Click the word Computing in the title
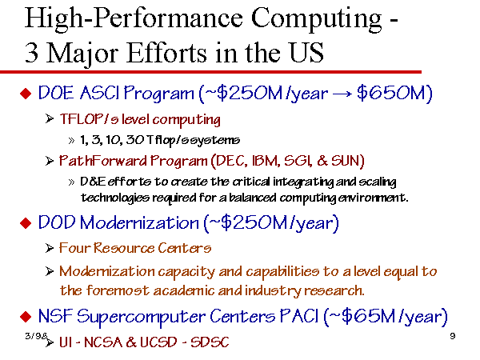tap(317, 19)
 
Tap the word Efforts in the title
tap(166, 53)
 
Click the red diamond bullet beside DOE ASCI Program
tap(26, 93)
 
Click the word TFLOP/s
tap(89, 119)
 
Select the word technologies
tap(114, 198)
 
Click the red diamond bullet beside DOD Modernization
tap(26, 223)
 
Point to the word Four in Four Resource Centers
tap(74, 248)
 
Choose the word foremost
tap(118, 290)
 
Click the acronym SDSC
tap(210, 342)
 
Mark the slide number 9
tap(453, 336)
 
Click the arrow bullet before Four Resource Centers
tap(50, 248)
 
